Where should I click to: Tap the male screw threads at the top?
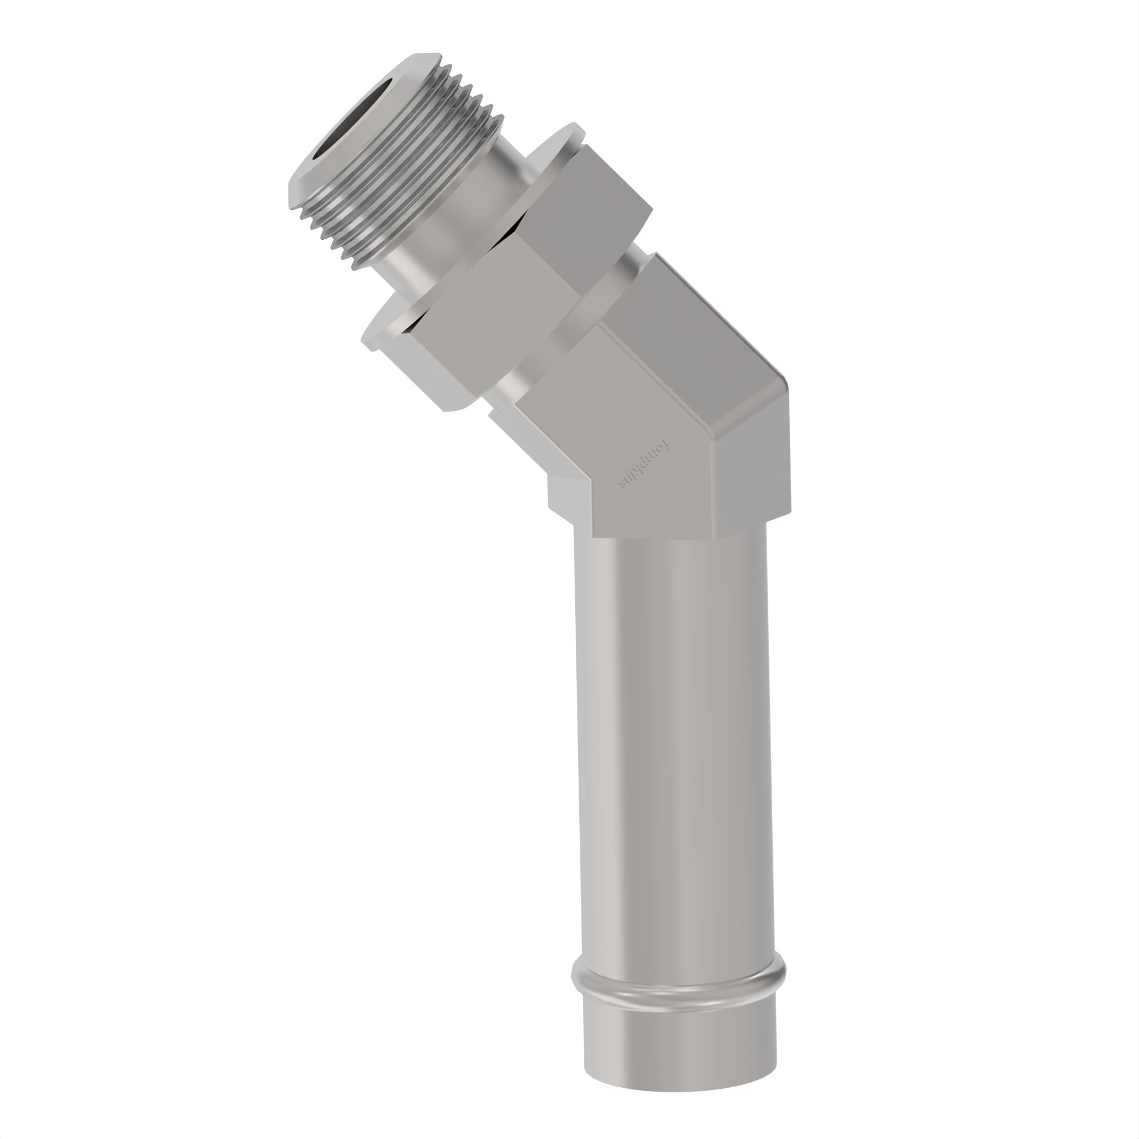tap(407, 171)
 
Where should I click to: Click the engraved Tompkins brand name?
tap(646, 466)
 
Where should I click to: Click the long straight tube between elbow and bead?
tap(672, 737)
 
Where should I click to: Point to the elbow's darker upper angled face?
tap(696, 330)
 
